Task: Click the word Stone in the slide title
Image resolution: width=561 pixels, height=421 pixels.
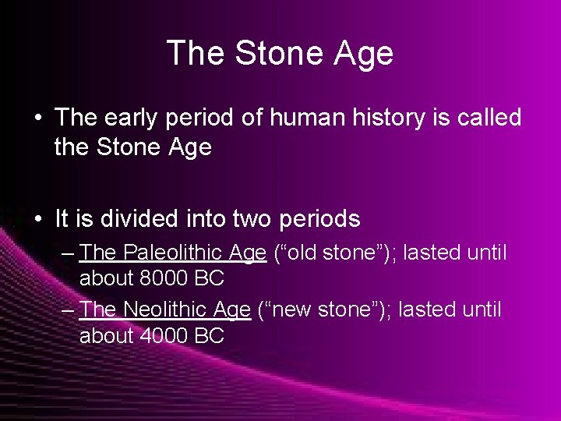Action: point(268,54)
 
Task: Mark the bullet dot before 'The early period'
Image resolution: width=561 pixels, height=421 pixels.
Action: point(39,119)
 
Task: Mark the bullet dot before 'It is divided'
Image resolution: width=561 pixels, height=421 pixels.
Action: point(39,220)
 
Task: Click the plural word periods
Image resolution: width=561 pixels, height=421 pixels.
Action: point(320,219)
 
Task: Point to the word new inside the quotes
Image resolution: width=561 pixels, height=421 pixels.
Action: point(297,310)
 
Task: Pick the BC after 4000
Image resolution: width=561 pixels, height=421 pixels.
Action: point(209,336)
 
